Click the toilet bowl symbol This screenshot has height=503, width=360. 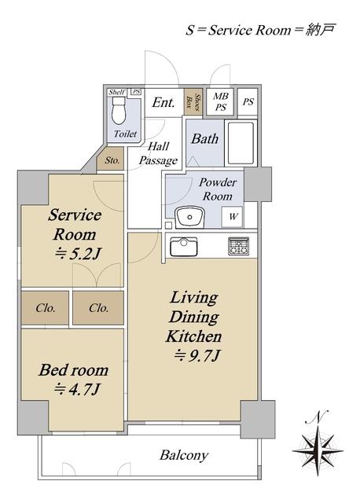click(x=119, y=110)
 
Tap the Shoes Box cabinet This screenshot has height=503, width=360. click(x=193, y=101)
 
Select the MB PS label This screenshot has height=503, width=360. click(x=221, y=101)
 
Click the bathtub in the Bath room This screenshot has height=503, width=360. click(x=241, y=142)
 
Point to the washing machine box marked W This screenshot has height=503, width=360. click(x=233, y=217)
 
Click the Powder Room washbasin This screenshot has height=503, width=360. click(x=190, y=217)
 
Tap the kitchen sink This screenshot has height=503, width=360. click(x=183, y=246)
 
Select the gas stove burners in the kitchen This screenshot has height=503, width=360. click(x=238, y=246)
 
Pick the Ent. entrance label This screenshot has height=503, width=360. click(x=163, y=103)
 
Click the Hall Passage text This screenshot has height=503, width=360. click(x=158, y=154)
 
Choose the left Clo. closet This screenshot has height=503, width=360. click(x=46, y=308)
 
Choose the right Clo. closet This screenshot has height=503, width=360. click(x=98, y=308)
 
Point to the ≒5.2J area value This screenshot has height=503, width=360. click(x=79, y=254)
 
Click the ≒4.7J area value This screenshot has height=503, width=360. click(x=77, y=390)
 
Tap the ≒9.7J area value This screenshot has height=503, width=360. click(x=197, y=355)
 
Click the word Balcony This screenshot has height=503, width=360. click(x=184, y=456)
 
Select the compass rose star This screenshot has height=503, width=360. click(x=318, y=450)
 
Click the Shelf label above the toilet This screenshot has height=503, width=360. click(x=116, y=93)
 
